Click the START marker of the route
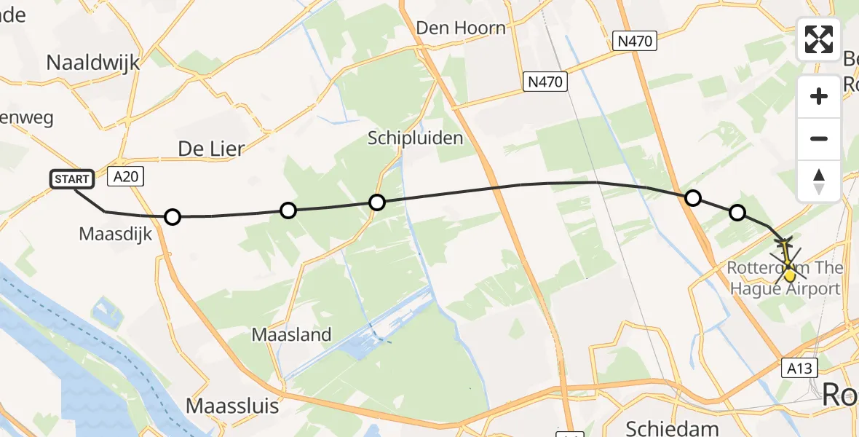72,178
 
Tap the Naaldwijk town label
92,63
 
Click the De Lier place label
211,149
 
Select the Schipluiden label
415,138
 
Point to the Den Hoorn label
460,28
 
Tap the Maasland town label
291,335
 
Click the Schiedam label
662,428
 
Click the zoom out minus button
819,138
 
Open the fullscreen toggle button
819,39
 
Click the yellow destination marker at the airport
789,275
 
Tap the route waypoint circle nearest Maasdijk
172,216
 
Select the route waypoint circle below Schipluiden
376,202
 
